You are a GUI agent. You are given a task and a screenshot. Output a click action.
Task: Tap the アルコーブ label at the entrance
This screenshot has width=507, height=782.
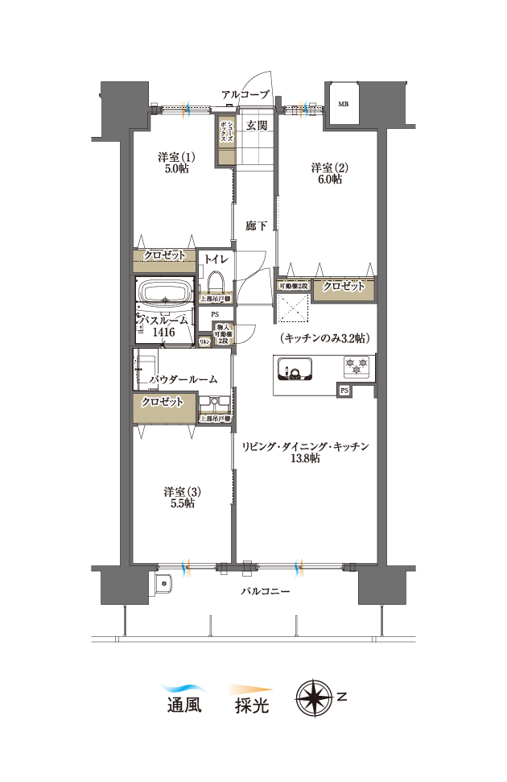pyautogui.click(x=245, y=94)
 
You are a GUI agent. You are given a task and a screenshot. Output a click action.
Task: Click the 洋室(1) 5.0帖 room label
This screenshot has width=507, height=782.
pyautogui.click(x=173, y=163)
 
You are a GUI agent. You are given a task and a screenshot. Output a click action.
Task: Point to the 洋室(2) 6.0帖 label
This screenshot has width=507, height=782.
pyautogui.click(x=328, y=173)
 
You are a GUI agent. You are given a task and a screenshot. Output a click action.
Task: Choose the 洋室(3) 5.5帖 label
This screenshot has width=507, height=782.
pyautogui.click(x=179, y=497)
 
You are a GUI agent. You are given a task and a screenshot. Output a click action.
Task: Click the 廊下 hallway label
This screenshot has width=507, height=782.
pyautogui.click(x=256, y=226)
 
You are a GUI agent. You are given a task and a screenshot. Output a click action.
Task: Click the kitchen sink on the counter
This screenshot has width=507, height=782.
pyautogui.click(x=293, y=370)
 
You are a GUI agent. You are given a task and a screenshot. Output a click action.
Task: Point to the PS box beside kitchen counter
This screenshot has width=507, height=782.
pyautogui.click(x=344, y=391)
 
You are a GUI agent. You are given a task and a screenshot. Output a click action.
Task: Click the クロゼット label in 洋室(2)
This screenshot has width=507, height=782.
pyautogui.click(x=344, y=286)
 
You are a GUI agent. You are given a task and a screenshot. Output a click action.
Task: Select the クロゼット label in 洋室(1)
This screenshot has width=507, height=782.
pyautogui.click(x=164, y=255)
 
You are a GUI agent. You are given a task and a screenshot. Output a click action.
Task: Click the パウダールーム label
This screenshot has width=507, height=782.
pyautogui.click(x=184, y=379)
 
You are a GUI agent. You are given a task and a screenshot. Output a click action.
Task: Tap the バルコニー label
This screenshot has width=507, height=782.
pyautogui.click(x=266, y=590)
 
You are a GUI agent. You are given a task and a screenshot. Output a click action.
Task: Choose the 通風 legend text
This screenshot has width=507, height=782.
pyautogui.click(x=183, y=706)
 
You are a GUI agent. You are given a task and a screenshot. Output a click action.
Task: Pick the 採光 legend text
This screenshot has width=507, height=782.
pyautogui.click(x=251, y=706)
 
